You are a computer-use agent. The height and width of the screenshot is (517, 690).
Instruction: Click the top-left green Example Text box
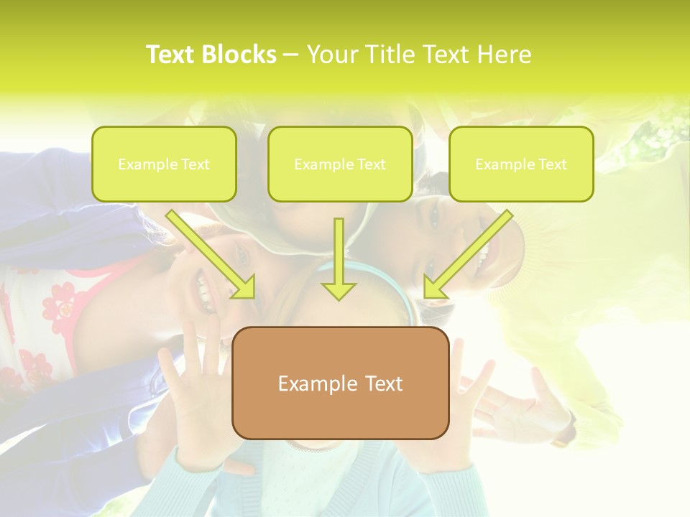tap(164, 164)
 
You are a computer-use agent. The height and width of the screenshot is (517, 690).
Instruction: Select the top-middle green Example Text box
tap(340, 164)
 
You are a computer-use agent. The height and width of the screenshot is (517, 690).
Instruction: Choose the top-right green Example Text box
tap(521, 164)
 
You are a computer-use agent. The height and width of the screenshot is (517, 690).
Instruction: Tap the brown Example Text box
tap(340, 383)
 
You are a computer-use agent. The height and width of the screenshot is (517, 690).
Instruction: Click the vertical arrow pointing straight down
tap(339, 258)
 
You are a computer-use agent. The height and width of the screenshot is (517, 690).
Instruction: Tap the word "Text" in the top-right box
tap(553, 164)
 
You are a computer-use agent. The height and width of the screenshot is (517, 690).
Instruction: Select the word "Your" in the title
tap(329, 55)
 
